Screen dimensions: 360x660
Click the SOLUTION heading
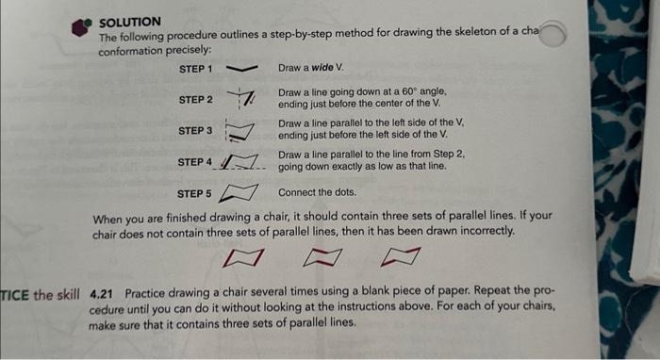[130, 21]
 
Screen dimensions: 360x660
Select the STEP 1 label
[195, 70]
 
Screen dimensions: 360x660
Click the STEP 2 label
[195, 99]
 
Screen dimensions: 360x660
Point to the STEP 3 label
[195, 130]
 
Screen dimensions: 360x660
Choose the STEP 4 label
[195, 162]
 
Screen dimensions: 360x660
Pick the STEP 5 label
[195, 194]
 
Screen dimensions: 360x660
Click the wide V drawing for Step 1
[243, 69]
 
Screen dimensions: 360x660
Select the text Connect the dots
[316, 193]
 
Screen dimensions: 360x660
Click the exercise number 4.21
[102, 293]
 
